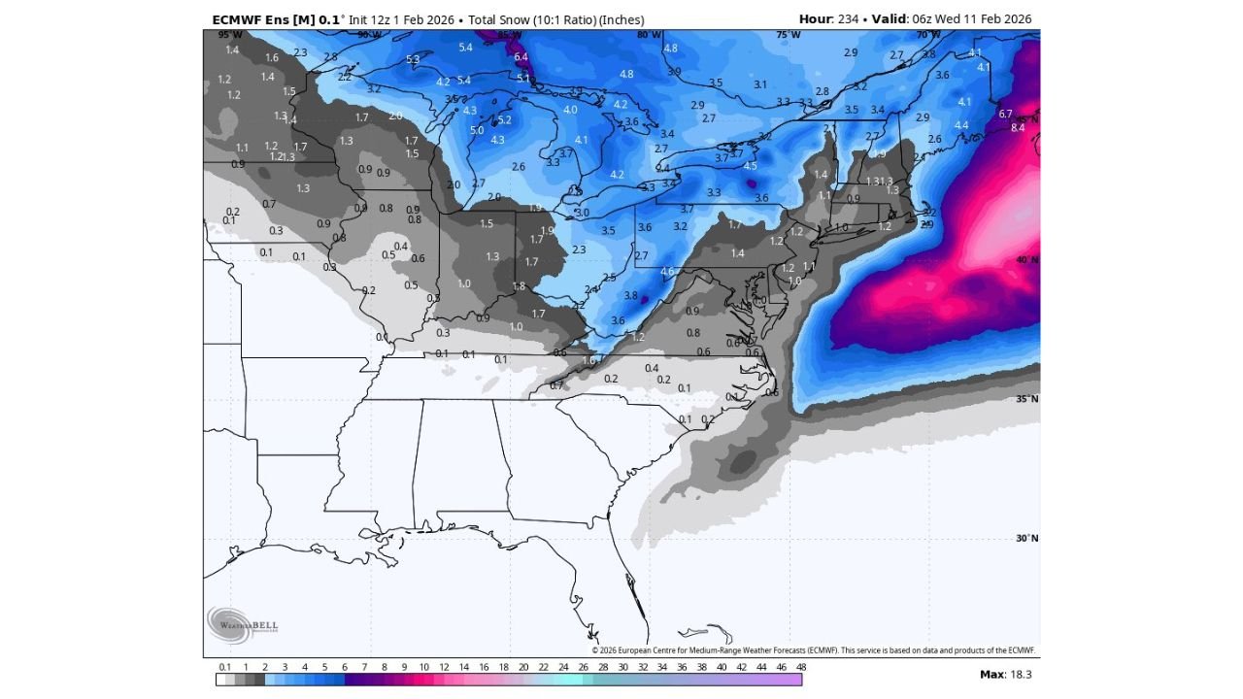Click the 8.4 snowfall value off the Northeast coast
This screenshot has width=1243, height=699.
1018,127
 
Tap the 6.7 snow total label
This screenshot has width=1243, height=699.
1005,114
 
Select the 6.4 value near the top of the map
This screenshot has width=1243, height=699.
521,57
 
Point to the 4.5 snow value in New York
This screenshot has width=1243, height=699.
750,166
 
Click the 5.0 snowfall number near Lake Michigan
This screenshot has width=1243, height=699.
477,130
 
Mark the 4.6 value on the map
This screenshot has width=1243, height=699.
667,271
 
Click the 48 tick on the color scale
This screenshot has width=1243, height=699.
801,667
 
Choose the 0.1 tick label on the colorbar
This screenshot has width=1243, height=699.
224,667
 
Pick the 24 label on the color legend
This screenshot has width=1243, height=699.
563,667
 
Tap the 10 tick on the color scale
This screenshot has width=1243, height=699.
424,667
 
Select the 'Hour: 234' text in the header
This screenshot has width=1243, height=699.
828,19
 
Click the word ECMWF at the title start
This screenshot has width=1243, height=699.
238,19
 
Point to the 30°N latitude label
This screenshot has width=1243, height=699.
1026,539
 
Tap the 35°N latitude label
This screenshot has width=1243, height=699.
1026,399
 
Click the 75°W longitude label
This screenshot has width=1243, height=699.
789,35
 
